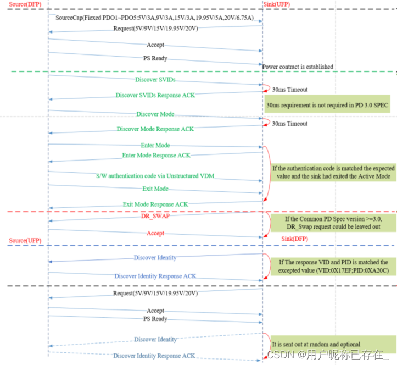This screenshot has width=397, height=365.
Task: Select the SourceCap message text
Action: coord(154,18)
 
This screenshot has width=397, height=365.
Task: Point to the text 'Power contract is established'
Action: coord(298,67)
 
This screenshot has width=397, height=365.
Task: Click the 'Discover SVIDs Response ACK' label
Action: coord(155,95)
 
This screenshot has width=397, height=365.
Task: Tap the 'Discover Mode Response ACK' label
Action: coord(155,129)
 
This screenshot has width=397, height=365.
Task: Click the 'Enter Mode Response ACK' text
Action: coord(156,155)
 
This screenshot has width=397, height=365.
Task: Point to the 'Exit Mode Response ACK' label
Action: coord(155,204)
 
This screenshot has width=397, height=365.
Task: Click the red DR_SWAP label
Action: coord(155,217)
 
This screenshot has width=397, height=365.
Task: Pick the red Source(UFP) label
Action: coord(25,241)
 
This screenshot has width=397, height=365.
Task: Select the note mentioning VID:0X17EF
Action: coord(329,267)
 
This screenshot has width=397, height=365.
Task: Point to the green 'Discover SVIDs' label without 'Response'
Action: coord(155,80)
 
